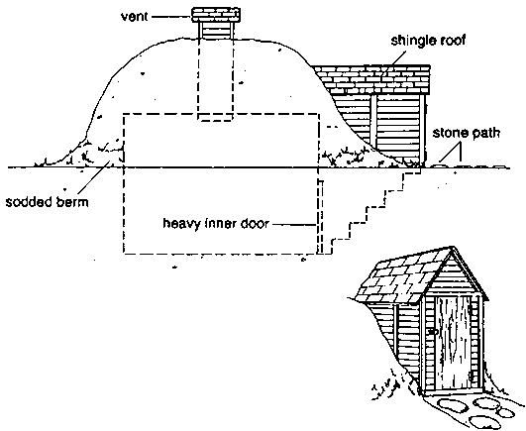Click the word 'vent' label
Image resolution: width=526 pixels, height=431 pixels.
(135, 17)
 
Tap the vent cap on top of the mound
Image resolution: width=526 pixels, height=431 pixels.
(216, 15)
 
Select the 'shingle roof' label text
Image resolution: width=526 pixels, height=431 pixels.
(428, 42)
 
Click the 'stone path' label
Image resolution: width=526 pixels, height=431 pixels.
(467, 133)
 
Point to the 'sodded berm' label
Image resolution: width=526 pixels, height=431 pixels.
(48, 202)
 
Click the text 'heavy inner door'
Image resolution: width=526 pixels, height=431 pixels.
(216, 223)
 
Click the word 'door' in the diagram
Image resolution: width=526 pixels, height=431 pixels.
(255, 223)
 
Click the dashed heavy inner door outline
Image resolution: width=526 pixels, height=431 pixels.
(321, 217)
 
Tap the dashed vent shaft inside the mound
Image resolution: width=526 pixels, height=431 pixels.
(215, 79)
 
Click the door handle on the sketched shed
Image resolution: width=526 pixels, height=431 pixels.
(433, 332)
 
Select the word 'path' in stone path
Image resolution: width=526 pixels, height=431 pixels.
(486, 134)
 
